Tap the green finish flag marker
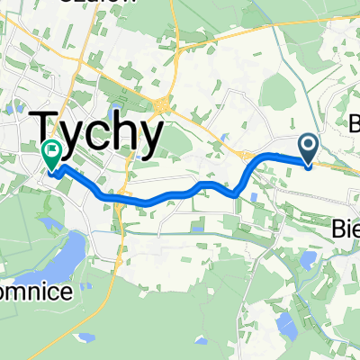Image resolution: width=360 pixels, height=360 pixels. [x=52, y=155]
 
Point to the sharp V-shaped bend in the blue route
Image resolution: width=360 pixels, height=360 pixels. [x=236, y=193]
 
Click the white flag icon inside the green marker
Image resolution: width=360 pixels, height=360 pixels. [x=52, y=151]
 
